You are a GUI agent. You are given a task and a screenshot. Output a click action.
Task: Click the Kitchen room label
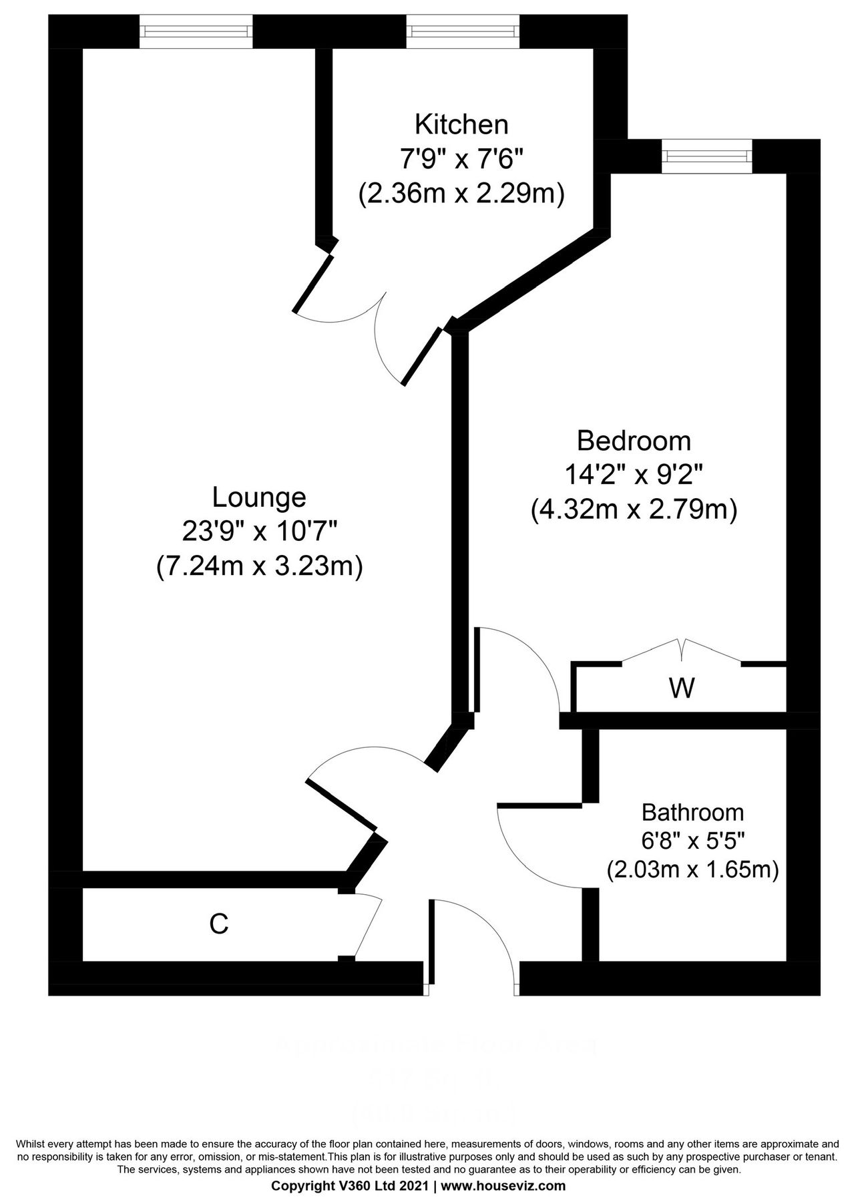(x=461, y=124)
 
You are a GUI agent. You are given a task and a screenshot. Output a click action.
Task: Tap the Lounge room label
(x=259, y=497)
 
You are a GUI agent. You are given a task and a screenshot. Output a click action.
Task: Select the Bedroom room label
(x=634, y=441)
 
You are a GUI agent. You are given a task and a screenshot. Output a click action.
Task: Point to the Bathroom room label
(x=692, y=813)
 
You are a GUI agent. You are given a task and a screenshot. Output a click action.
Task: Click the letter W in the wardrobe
(x=682, y=688)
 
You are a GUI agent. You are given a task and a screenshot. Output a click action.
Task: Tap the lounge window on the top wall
(x=196, y=31)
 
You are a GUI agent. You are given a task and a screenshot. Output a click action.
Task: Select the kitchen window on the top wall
(x=463, y=31)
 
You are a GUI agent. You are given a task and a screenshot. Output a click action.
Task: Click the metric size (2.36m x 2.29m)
(x=461, y=195)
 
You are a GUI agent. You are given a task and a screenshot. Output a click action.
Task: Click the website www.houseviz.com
(x=503, y=1186)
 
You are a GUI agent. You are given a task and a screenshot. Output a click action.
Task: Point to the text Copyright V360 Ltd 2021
(x=350, y=1186)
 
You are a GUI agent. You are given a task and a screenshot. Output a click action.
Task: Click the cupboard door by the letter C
(x=368, y=928)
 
